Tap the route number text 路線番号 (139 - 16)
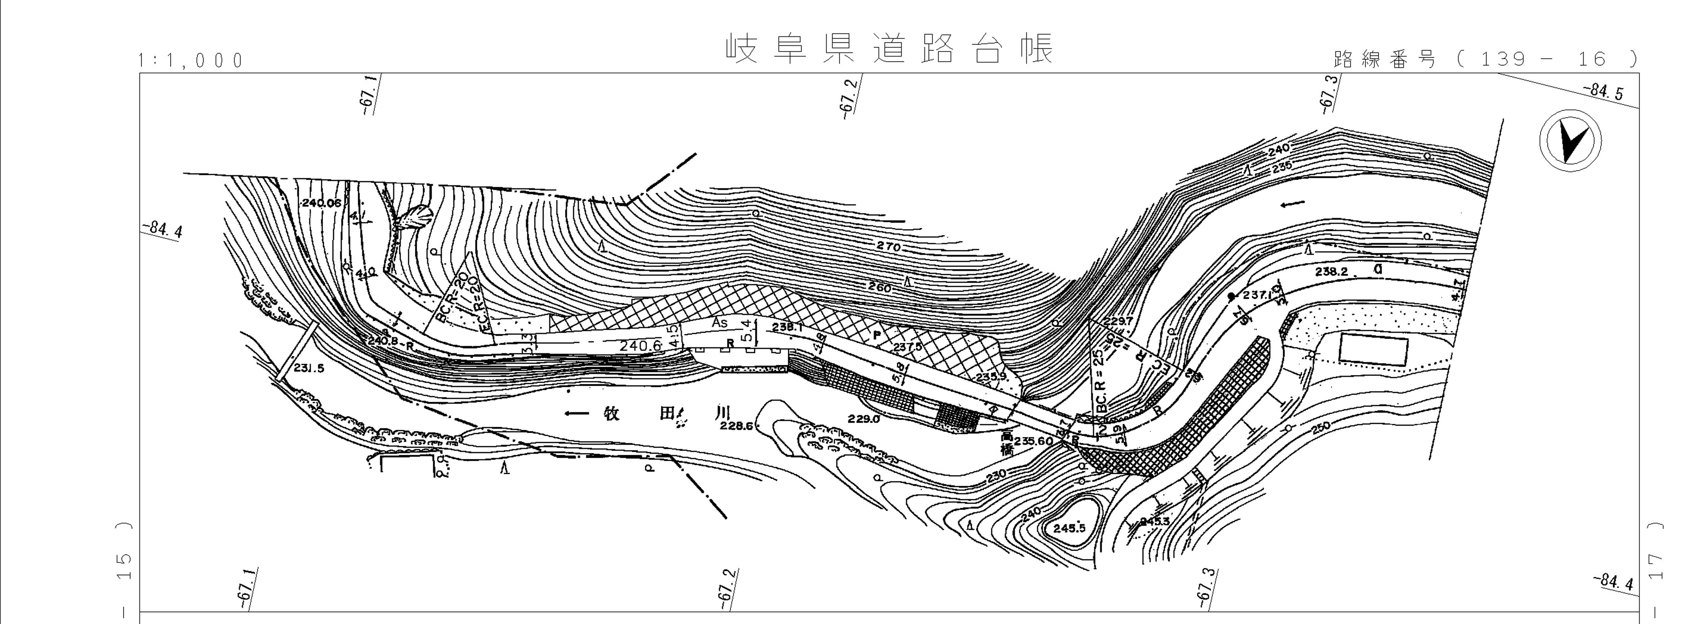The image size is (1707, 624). tap(1484, 60)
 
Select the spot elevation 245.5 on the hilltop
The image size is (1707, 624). tap(1070, 528)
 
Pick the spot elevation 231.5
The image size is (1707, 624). tap(309, 368)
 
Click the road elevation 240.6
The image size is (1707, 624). tap(641, 345)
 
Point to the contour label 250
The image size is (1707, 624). tap(1319, 429)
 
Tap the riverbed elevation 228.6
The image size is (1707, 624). tap(736, 426)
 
